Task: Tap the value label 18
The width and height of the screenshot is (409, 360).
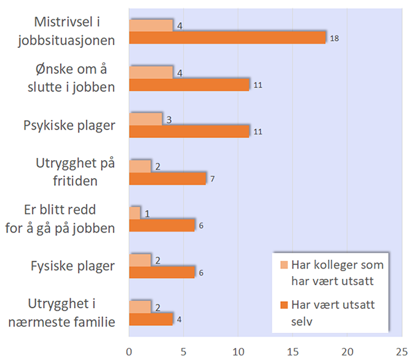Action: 334,38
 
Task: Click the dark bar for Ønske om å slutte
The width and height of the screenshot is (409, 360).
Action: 189,85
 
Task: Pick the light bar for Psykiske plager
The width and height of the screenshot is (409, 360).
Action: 146,119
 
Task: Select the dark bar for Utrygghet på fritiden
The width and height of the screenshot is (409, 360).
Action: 168,178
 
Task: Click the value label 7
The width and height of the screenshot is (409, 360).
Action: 214,179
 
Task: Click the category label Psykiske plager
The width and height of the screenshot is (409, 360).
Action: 69,126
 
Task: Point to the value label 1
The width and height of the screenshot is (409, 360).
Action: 148,213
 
